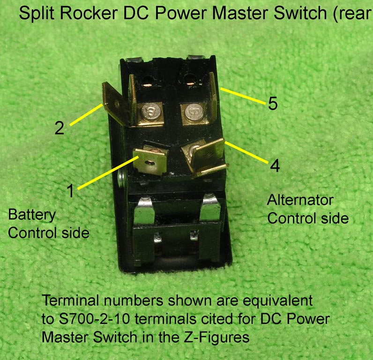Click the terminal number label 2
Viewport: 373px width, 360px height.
click(59, 128)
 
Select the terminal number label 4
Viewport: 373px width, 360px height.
click(275, 165)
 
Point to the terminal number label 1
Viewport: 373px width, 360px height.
click(70, 191)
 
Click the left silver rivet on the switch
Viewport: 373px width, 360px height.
click(152, 112)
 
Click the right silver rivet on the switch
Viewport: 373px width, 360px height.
click(193, 112)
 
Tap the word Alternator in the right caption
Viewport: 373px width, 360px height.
click(300, 200)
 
